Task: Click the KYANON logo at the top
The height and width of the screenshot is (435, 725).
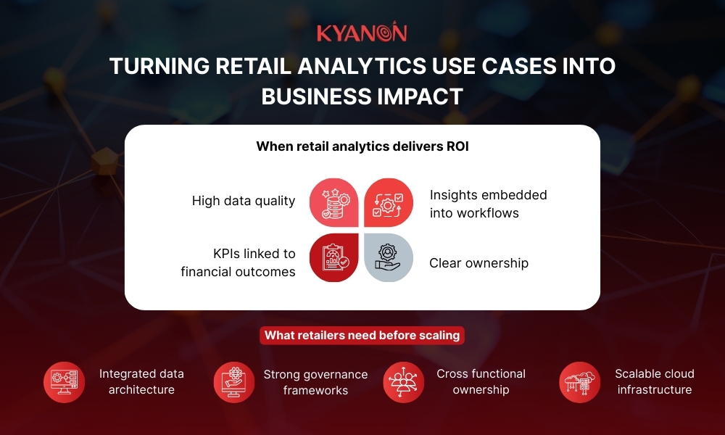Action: [x=362, y=33]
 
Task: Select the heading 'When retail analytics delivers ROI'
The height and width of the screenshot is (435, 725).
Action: [x=362, y=146]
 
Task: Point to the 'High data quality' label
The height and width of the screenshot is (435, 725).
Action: [x=244, y=201]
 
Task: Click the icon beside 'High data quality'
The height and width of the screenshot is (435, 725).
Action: [x=333, y=203]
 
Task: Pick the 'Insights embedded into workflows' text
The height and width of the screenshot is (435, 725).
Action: [x=488, y=204]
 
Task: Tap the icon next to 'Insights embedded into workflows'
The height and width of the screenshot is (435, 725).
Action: [x=389, y=203]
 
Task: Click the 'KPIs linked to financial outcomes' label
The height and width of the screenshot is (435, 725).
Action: [x=239, y=262]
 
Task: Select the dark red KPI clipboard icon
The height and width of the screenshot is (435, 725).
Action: [x=333, y=257]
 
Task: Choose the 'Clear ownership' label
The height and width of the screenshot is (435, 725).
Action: [x=478, y=263]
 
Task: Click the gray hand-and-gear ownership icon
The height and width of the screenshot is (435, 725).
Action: [x=389, y=257]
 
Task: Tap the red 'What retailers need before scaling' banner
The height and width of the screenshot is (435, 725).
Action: [x=362, y=336]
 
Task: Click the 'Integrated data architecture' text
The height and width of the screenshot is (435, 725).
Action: [x=141, y=381]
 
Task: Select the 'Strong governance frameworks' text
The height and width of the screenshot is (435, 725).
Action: [x=315, y=382]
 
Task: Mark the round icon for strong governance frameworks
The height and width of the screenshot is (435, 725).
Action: [x=234, y=382]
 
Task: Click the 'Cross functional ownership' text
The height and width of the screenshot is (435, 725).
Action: [x=481, y=381]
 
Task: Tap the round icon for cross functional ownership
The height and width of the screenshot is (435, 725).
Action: [x=404, y=382]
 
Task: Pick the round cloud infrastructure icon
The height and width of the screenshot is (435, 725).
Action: [x=580, y=382]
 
